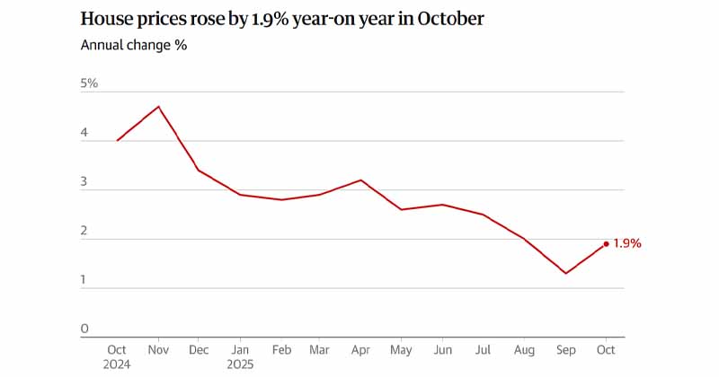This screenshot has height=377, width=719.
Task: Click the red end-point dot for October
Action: [607, 243]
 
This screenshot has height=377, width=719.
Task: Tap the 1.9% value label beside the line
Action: [627, 243]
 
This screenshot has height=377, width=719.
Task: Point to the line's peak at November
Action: [158, 107]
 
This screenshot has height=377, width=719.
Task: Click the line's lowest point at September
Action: [565, 273]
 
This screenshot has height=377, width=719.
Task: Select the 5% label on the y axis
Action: [89, 83]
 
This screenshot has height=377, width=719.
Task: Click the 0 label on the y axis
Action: [84, 329]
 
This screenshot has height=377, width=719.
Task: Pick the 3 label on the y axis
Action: [84, 182]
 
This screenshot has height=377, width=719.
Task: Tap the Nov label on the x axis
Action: [158, 350]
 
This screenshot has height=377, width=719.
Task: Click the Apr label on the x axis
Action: [360, 350]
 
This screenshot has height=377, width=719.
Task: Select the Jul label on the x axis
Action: [484, 350]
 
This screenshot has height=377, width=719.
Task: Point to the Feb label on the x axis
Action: [282, 350]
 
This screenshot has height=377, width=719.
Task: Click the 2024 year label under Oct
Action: [117, 364]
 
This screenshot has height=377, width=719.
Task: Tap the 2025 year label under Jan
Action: [241, 364]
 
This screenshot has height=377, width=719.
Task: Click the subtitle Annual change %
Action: [134, 45]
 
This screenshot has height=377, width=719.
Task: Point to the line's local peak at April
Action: [360, 180]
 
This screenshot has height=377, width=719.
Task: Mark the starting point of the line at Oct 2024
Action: [117, 140]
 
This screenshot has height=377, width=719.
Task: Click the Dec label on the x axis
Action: [200, 350]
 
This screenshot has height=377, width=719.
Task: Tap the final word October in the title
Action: [452, 18]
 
